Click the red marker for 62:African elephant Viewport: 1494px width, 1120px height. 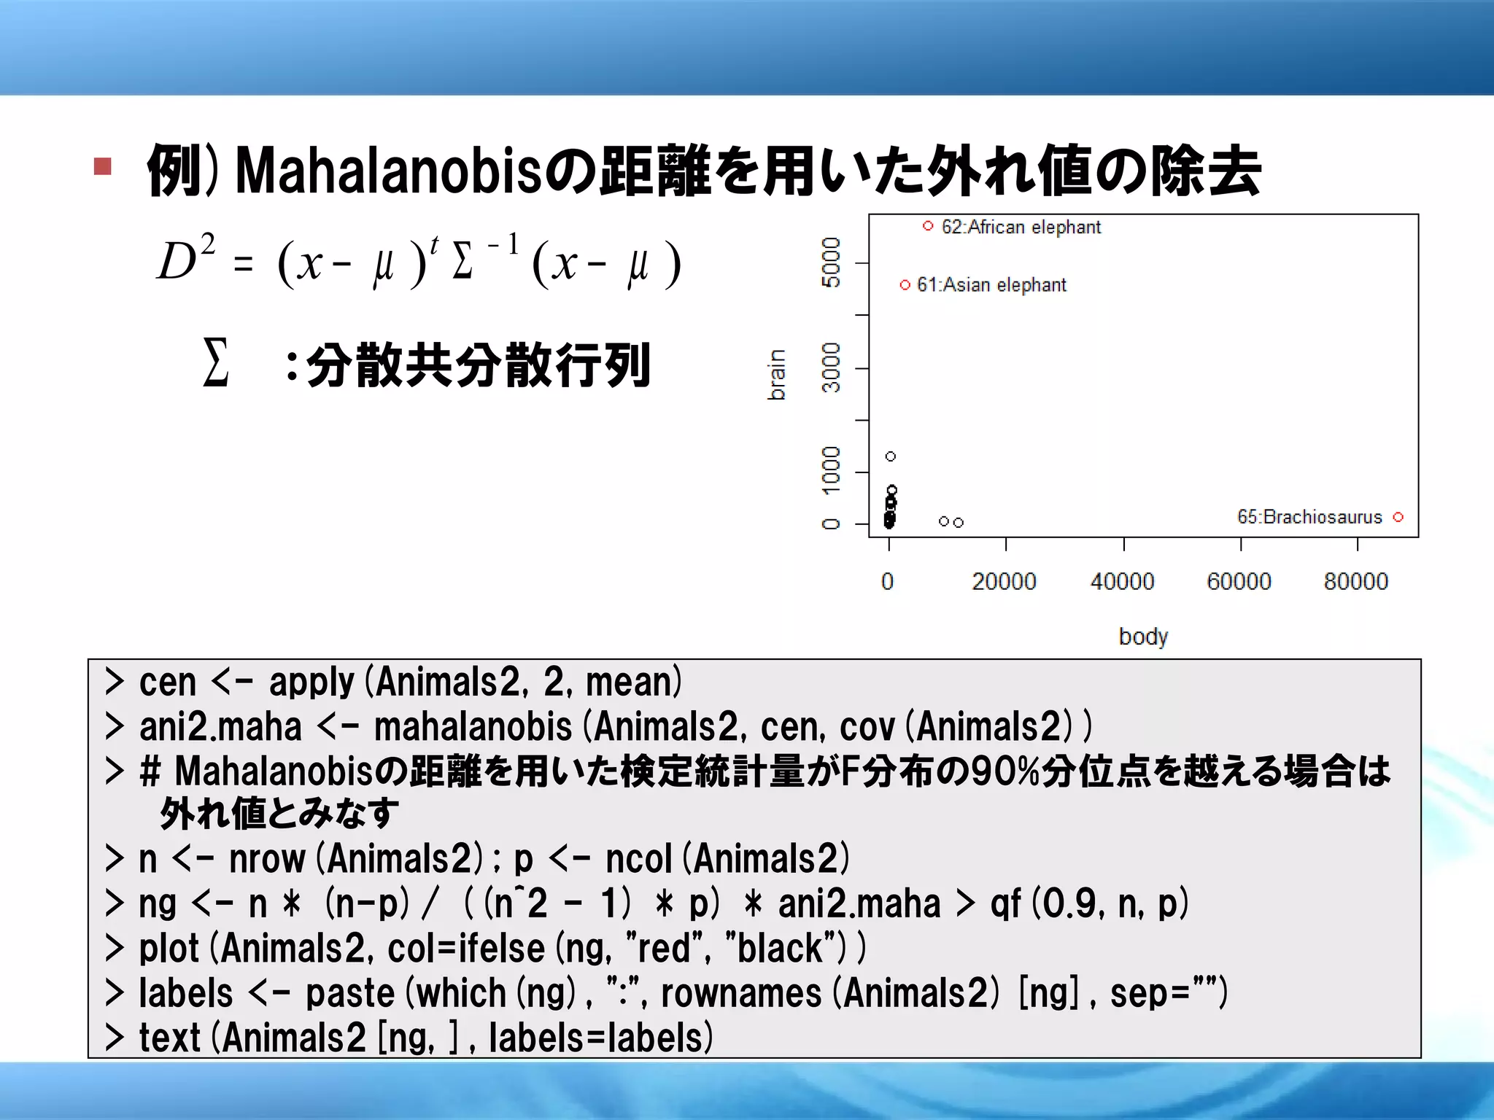tap(928, 226)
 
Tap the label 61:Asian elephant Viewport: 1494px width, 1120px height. tap(991, 285)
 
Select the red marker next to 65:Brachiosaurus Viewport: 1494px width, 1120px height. tap(1398, 517)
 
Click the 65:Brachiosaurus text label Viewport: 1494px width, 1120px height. tap(1309, 517)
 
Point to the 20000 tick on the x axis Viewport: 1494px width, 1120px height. tap(1004, 581)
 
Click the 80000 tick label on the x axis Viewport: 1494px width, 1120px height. tap(1355, 581)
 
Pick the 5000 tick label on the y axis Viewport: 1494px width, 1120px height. tap(831, 262)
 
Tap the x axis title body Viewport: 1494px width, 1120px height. tap(1143, 637)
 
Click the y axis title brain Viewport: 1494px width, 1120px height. tap(777, 375)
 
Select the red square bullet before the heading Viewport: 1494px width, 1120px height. tap(102, 166)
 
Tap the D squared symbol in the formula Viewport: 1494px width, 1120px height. tap(186, 260)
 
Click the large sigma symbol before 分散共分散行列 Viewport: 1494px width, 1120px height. tap(216, 362)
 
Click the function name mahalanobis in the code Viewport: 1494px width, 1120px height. tap(473, 727)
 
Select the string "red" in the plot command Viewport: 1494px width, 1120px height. tap(667, 948)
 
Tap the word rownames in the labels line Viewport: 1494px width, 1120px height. tap(740, 993)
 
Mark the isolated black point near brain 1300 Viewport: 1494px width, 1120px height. tap(890, 456)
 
